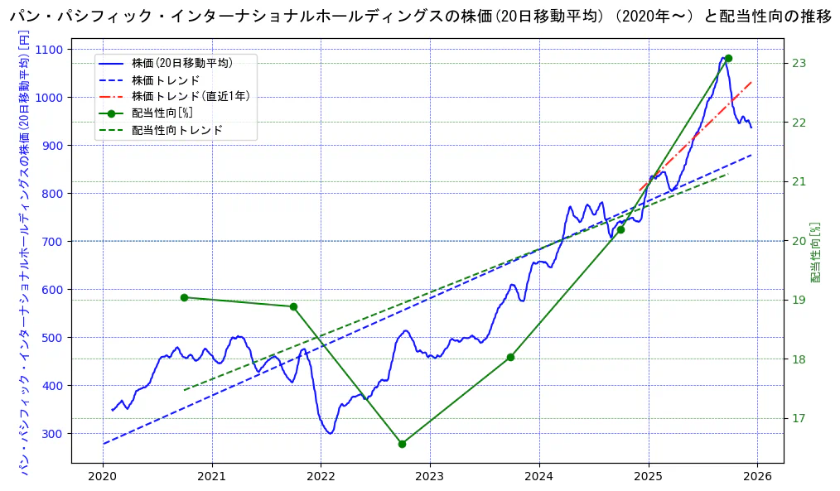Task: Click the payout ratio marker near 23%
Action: point(728,58)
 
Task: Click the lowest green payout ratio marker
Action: point(402,444)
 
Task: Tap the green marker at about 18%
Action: point(510,357)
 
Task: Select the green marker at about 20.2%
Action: point(620,229)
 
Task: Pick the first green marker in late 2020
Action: point(184,297)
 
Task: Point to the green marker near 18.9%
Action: point(293,306)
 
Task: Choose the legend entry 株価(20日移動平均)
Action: point(181,63)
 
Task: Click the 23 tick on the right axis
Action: point(799,63)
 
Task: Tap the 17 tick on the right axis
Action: point(799,418)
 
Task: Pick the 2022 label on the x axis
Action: point(321,476)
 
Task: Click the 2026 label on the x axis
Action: point(757,476)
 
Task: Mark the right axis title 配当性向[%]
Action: point(816,253)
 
